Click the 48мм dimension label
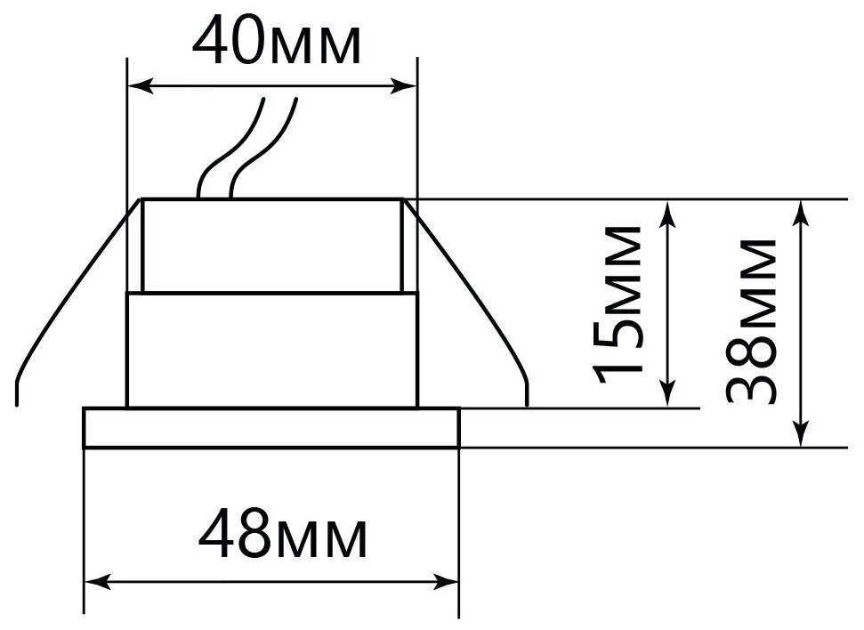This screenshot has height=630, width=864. (282, 535)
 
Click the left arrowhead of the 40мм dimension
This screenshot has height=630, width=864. (139, 86)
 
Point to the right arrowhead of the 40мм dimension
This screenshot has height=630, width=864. (408, 86)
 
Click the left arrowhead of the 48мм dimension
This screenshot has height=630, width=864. (94, 583)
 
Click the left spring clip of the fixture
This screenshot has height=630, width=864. (67, 303)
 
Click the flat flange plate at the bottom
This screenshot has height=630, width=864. (271, 428)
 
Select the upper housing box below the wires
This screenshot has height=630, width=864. (271, 245)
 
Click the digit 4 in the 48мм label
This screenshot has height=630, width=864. (217, 535)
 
